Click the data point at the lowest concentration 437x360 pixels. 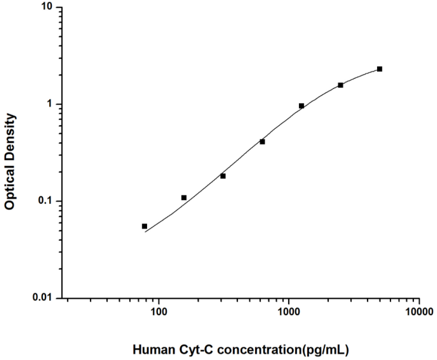click(x=144, y=226)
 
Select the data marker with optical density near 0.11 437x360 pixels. click(x=184, y=198)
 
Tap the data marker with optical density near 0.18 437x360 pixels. click(x=223, y=176)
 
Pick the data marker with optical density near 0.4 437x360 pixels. click(x=262, y=142)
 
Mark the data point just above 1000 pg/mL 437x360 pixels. click(x=302, y=106)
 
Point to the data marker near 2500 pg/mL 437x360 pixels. click(x=341, y=85)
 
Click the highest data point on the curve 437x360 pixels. click(x=380, y=69)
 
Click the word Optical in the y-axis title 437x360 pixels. click(x=10, y=188)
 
